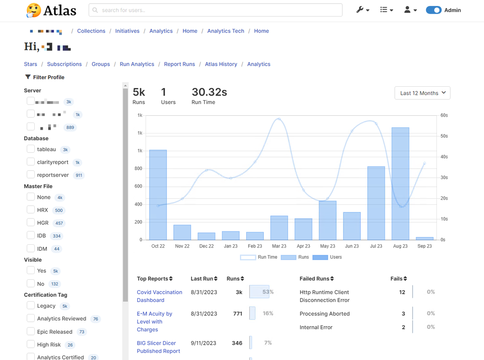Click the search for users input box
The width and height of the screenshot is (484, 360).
click(215, 10)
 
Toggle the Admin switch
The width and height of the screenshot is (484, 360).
click(434, 10)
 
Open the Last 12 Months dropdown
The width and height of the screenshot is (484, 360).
click(422, 93)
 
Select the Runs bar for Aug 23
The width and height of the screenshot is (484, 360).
click(400, 183)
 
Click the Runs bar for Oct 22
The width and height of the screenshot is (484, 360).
click(158, 195)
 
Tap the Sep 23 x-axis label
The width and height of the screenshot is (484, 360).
click(424, 246)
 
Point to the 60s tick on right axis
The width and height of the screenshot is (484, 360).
click(444, 115)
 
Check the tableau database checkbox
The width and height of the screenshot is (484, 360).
click(31, 149)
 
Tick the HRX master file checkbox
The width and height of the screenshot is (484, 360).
click(31, 210)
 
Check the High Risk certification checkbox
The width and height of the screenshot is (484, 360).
click(31, 344)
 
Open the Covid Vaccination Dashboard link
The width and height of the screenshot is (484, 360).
click(159, 296)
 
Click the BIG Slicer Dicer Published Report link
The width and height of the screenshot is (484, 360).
click(158, 347)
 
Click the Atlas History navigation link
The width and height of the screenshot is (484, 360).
click(221, 64)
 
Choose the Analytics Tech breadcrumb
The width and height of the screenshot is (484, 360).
click(225, 31)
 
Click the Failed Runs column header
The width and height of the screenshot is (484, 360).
click(316, 279)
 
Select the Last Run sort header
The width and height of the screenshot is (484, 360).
click(204, 279)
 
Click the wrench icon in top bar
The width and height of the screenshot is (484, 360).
click(362, 10)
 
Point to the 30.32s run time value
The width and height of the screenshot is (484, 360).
click(209, 92)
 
